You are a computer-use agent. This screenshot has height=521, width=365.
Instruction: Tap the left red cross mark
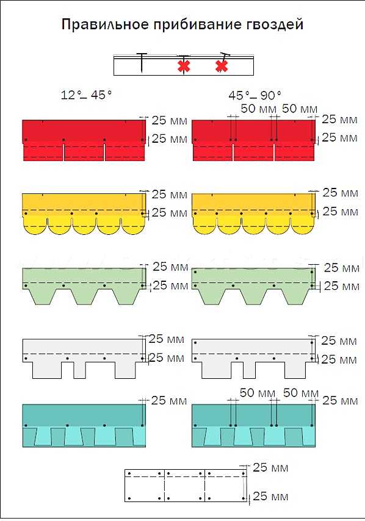(x=184, y=66)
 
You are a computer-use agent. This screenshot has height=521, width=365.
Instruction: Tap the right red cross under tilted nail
(x=222, y=66)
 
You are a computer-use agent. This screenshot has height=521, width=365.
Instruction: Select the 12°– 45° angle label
(x=86, y=95)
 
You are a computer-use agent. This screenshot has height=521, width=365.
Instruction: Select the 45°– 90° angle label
(x=255, y=95)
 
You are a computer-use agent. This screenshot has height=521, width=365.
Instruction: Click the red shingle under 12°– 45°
(x=84, y=140)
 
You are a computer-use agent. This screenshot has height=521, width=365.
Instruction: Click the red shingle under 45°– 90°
(x=254, y=140)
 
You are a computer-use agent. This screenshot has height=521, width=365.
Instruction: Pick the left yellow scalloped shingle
(x=84, y=214)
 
